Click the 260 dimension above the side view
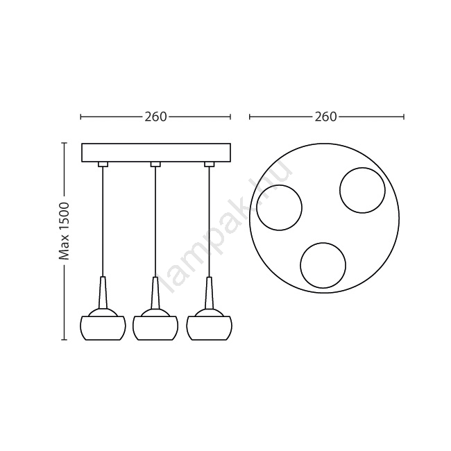(x=155, y=117)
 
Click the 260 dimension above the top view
(x=325, y=117)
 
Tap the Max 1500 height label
(x=64, y=231)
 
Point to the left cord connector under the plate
(x=103, y=164)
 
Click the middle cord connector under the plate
(x=155, y=164)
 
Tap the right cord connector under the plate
(x=210, y=164)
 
